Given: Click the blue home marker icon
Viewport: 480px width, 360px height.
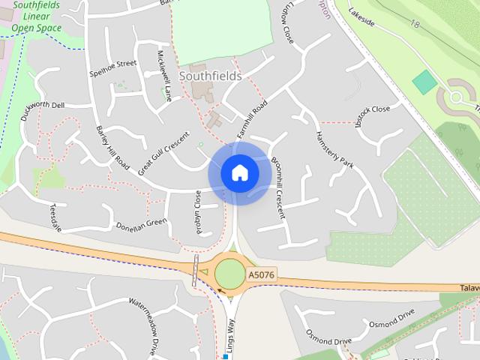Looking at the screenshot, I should pyautogui.click(x=239, y=172).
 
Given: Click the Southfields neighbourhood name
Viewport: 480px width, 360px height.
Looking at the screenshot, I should pyautogui.click(x=211, y=76).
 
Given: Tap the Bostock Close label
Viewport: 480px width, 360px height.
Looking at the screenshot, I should pyautogui.click(x=373, y=115).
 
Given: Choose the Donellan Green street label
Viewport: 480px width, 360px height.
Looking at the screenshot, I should pyautogui.click(x=141, y=223).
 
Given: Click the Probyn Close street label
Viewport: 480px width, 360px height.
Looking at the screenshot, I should pyautogui.click(x=199, y=211).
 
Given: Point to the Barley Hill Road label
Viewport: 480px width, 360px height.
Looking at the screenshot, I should pyautogui.click(x=112, y=146).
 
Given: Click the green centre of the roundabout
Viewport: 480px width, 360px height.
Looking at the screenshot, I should pyautogui.click(x=230, y=274).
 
